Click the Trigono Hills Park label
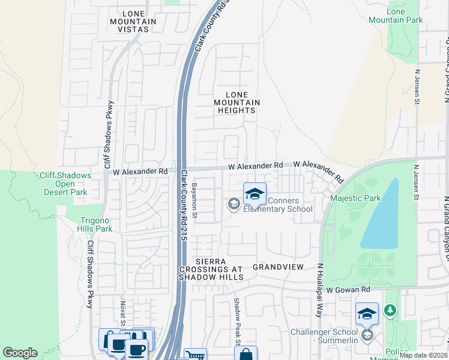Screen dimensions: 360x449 (x=95, y=224)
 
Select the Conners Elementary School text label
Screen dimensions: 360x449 (x=278, y=205)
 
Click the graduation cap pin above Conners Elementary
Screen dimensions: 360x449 (x=255, y=193)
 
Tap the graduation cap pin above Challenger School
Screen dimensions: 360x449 (x=367, y=313)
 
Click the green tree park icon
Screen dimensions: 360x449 (x=391, y=310)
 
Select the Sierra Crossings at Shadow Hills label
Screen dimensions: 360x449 (x=211, y=269)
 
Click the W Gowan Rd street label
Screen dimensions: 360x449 (x=348, y=290)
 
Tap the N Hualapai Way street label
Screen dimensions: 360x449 (x=320, y=290)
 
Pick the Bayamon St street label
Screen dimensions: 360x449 (x=194, y=199)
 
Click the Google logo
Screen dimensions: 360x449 (x=20, y=353)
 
